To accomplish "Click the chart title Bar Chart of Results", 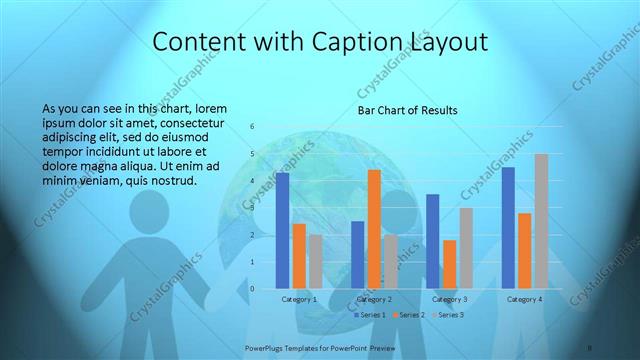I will click(408, 111).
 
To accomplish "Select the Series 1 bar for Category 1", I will click(283, 230).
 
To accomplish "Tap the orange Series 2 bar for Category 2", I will click(374, 229).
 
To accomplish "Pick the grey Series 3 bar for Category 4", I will click(541, 221).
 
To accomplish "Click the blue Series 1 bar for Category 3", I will click(433, 241).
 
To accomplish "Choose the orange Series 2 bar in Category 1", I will click(299, 256).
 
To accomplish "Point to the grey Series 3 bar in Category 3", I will click(466, 248).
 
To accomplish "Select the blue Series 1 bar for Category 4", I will click(509, 228).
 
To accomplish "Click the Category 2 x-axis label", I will click(374, 299).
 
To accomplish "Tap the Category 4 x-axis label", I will click(524, 299).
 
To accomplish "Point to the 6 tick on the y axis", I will click(252, 126).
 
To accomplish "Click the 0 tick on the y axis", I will click(252, 289).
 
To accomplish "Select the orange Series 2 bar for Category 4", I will click(525, 251).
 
